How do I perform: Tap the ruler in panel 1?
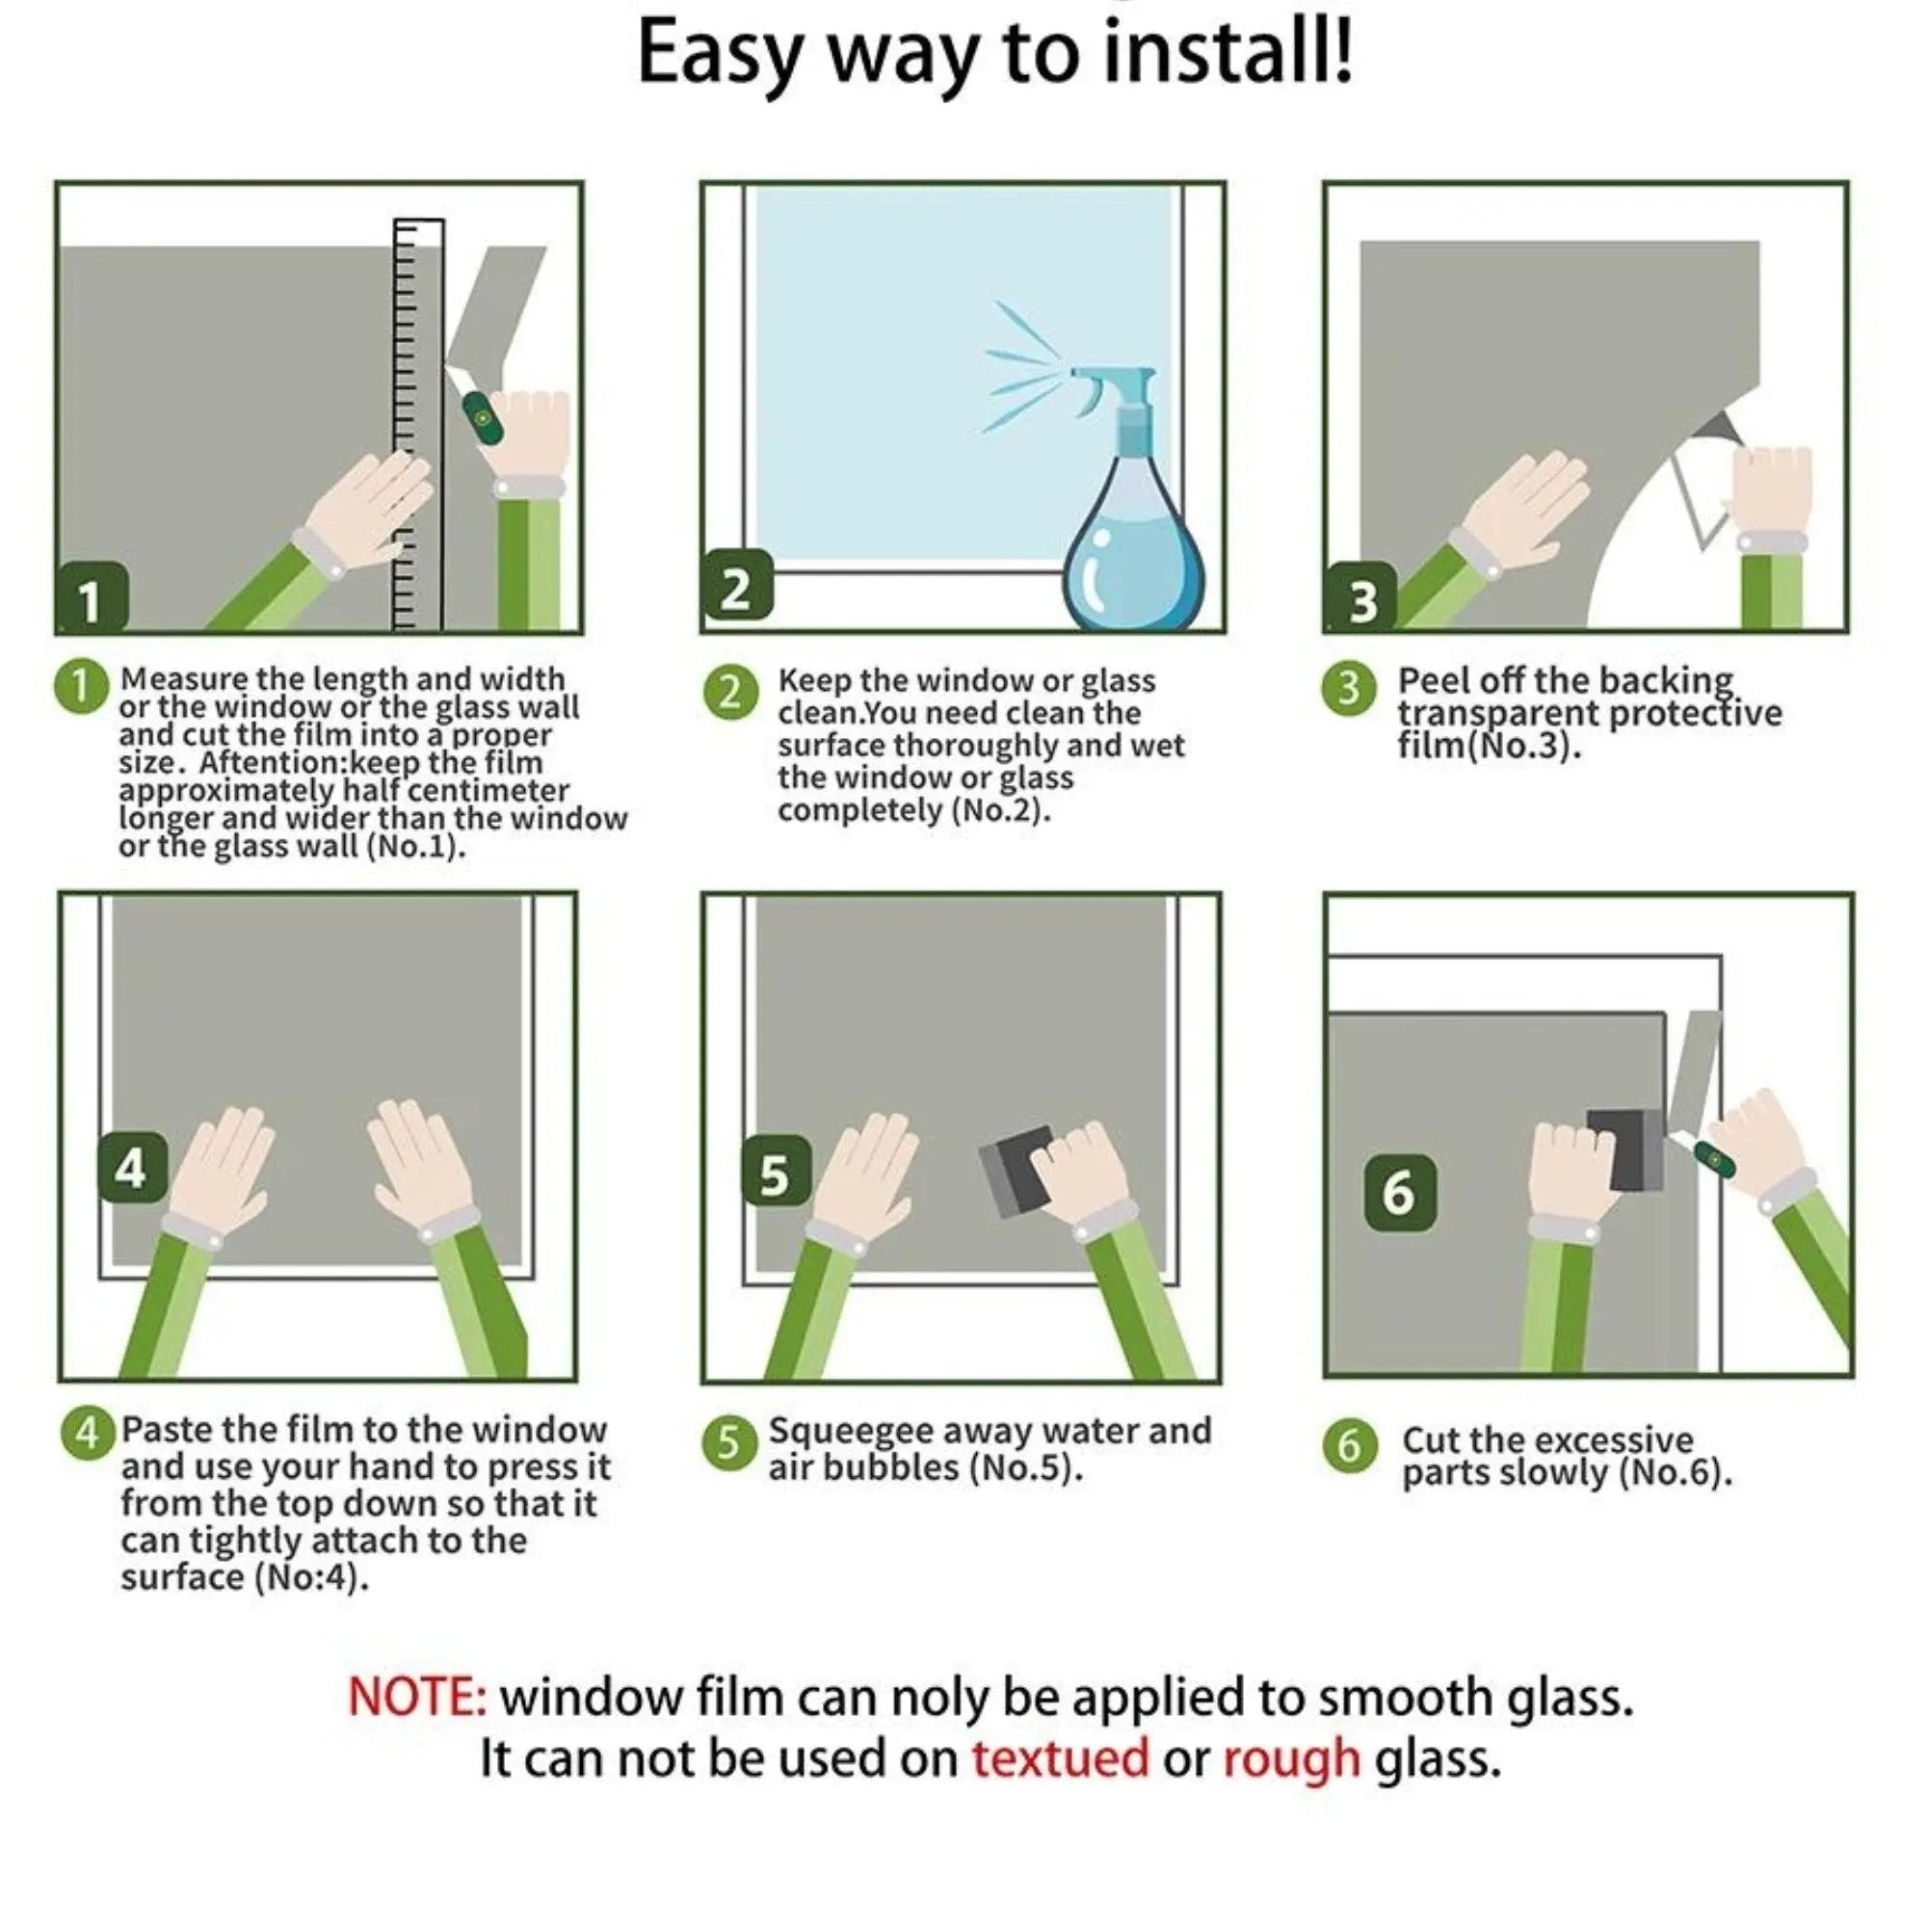click(418, 424)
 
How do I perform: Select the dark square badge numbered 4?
click(131, 1167)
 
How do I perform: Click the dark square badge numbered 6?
click(1399, 1191)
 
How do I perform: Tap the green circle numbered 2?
click(730, 691)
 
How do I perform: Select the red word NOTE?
click(417, 1698)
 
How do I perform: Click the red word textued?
click(1060, 1758)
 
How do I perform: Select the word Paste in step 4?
click(166, 1429)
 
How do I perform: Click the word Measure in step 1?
click(183, 678)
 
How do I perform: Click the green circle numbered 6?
click(1350, 1445)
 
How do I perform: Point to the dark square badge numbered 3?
click(1362, 598)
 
